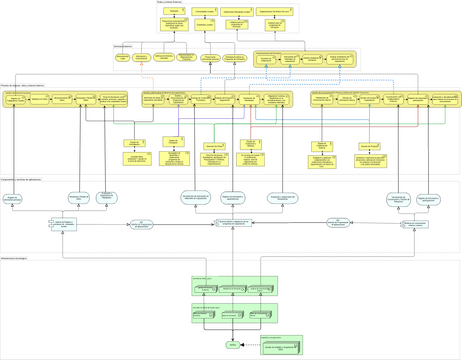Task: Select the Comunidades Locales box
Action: click(x=205, y=12)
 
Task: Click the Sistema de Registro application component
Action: click(x=63, y=225)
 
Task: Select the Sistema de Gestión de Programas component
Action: click(x=234, y=223)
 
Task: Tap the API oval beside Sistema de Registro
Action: click(x=141, y=225)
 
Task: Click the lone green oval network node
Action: click(x=233, y=345)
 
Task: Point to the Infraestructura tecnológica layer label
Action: click(x=14, y=258)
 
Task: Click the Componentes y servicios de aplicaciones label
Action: click(x=21, y=180)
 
